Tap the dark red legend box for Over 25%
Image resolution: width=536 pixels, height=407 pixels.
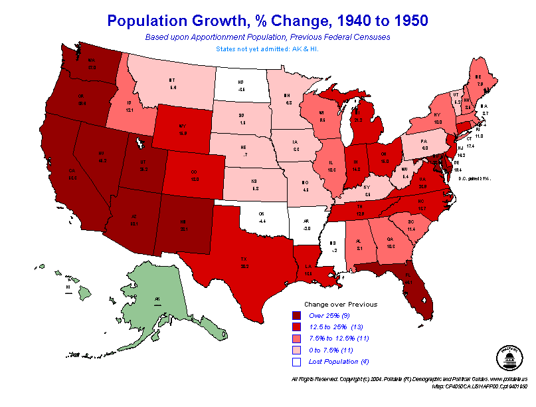click(x=296, y=315)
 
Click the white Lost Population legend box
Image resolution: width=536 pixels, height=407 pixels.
click(x=296, y=362)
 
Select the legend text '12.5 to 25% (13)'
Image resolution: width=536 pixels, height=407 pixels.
click(x=336, y=327)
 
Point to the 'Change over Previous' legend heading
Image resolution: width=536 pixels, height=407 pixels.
click(x=340, y=304)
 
